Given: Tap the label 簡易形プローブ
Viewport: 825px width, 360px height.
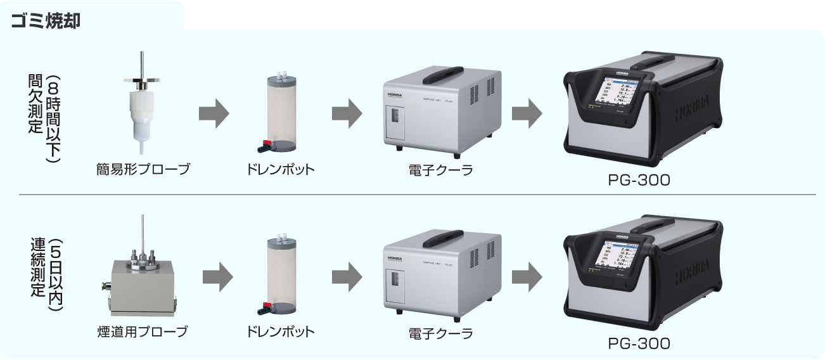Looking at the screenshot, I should click(143, 170).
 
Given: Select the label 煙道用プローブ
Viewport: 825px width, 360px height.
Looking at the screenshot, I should click(143, 331).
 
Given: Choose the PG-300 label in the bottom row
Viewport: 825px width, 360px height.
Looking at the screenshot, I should click(639, 343).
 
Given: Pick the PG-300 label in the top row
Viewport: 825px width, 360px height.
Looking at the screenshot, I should click(639, 180).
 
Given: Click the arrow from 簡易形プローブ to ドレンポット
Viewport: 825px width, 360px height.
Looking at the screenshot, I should click(214, 113).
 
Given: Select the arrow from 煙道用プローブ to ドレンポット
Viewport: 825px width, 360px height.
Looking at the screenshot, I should click(217, 277).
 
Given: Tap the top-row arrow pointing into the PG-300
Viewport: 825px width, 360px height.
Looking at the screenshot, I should click(527, 113).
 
